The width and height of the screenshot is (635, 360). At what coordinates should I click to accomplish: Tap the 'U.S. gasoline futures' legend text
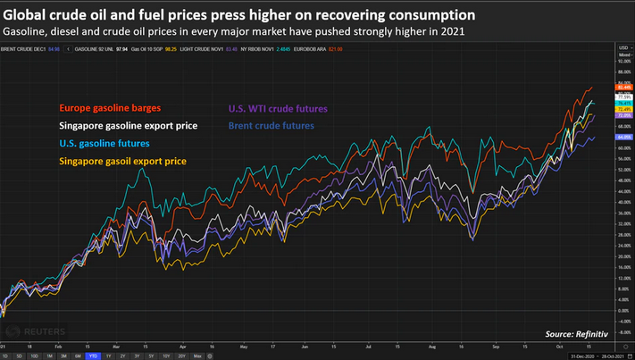click(104, 143)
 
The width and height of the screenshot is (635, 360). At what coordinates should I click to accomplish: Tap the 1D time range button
click(8, 356)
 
